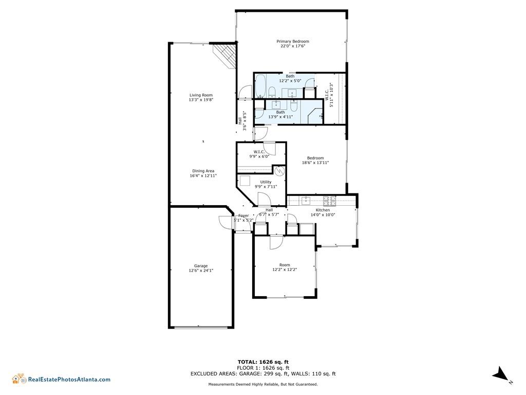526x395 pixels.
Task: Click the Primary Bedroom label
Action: coord(293,42)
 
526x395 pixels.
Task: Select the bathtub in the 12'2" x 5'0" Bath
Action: coord(260,86)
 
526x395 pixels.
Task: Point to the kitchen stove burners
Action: coord(329,199)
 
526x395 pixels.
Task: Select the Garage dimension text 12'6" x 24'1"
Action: coord(201,270)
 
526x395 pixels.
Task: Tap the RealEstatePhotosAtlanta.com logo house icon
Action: coord(19,379)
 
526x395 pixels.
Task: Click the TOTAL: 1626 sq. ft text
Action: coord(263,362)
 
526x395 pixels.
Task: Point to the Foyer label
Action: coord(243,216)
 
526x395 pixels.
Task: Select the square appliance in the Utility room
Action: coord(245,181)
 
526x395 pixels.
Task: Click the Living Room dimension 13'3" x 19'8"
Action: coord(201,100)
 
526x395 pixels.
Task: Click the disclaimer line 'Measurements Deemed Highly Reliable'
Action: coord(262,384)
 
